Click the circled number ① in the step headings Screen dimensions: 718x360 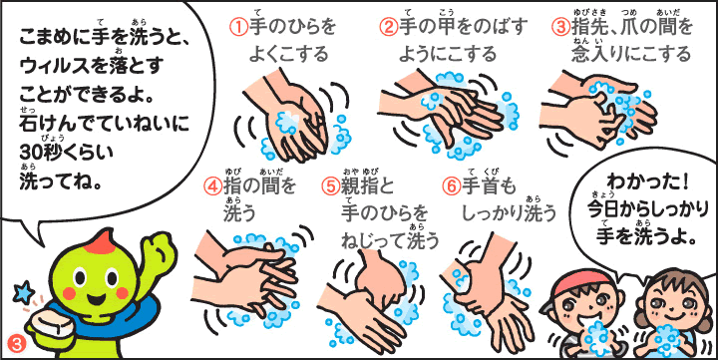pyautogui.click(x=238, y=28)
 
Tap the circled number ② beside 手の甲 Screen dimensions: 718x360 pyautogui.click(x=389, y=28)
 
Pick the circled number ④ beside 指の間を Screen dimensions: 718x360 pyautogui.click(x=213, y=187)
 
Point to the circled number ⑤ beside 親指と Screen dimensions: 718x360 pyautogui.click(x=332, y=187)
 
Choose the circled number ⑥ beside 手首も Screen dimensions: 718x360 pyautogui.click(x=452, y=187)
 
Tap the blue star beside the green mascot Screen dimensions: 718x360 pyautogui.click(x=22, y=292)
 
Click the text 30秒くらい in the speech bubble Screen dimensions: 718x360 pyautogui.click(x=66, y=150)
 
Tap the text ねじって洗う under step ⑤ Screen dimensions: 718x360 pyautogui.click(x=390, y=241)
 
